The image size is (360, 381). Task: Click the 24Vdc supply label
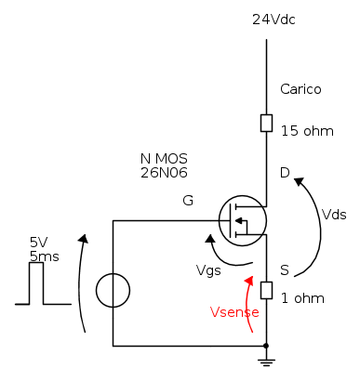(x=273, y=20)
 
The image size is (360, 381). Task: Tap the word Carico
(x=300, y=89)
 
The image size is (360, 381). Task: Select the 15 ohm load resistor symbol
(x=266, y=123)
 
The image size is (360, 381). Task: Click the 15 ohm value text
(x=307, y=131)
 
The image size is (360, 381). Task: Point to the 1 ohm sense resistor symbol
(x=266, y=290)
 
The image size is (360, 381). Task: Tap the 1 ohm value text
(x=302, y=298)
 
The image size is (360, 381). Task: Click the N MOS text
(x=164, y=159)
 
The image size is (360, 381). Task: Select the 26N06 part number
(x=164, y=173)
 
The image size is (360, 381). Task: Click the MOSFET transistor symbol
(x=243, y=220)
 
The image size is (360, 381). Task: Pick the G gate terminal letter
(x=188, y=201)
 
